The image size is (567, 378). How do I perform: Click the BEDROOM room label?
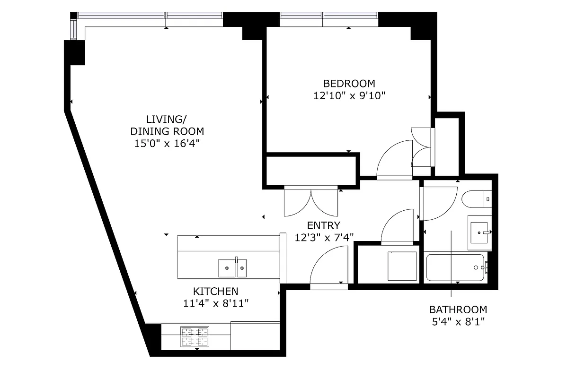(349, 84)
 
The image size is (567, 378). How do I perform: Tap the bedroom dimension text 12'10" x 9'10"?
(349, 95)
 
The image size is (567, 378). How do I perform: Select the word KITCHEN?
(215, 292)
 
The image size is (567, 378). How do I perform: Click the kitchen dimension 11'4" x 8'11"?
(215, 303)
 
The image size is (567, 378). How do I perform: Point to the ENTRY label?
(323, 225)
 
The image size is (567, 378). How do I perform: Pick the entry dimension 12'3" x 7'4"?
(324, 237)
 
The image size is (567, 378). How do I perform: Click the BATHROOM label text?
(458, 310)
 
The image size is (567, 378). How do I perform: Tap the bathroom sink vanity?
(479, 232)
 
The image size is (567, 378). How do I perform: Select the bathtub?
(455, 267)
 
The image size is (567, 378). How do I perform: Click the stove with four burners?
(195, 337)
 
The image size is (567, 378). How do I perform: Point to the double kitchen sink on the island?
(232, 268)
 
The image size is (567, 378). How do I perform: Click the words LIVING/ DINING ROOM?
(167, 125)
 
